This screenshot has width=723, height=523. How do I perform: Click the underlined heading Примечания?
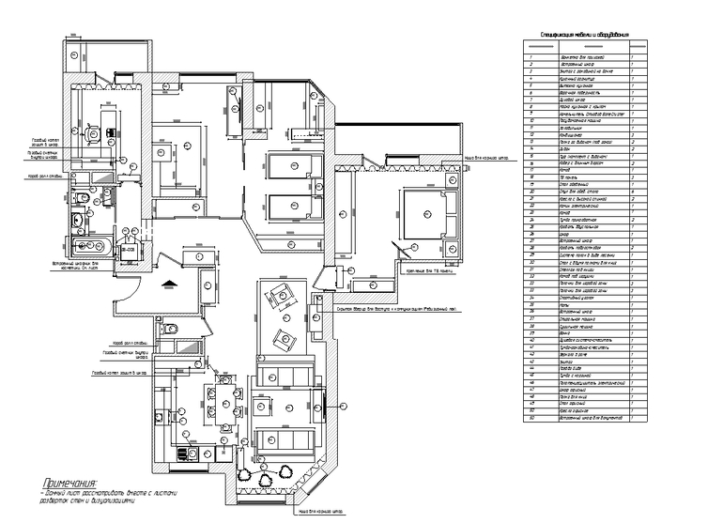click(58, 482)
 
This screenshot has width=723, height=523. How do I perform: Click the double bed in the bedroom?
click(427, 214)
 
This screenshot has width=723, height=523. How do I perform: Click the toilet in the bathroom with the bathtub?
click(82, 199)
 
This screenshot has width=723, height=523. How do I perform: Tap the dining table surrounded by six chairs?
click(224, 397)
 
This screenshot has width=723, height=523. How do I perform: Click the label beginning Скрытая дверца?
click(395, 309)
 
